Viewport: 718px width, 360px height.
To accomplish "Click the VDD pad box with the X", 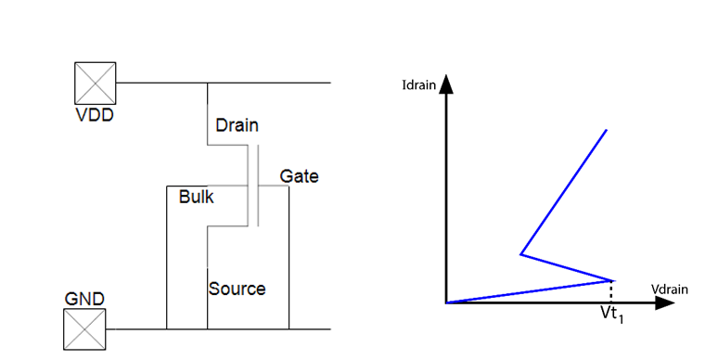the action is (96, 83).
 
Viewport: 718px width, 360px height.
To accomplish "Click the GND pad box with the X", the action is (84, 329).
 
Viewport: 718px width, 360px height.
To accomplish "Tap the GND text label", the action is (84, 299).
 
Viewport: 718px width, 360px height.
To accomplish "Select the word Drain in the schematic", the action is (237, 125).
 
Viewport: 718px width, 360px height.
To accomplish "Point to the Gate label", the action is (299, 176).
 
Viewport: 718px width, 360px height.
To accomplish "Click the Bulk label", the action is (197, 197).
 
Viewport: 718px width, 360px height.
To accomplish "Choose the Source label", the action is (237, 289).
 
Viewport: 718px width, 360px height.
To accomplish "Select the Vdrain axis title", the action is (669, 289).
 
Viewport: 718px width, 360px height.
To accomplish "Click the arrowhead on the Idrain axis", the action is (446, 84).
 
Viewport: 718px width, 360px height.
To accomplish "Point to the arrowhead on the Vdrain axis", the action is (665, 302).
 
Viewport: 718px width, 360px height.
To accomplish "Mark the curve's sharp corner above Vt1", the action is (613, 279).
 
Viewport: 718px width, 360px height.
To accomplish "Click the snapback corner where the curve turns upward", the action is (521, 253).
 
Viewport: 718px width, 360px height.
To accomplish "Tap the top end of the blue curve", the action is (606, 130).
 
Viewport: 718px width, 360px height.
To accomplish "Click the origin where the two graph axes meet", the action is (446, 302).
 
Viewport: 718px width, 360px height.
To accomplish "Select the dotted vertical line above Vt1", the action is (613, 290).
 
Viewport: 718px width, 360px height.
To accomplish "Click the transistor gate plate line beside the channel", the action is (259, 186).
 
